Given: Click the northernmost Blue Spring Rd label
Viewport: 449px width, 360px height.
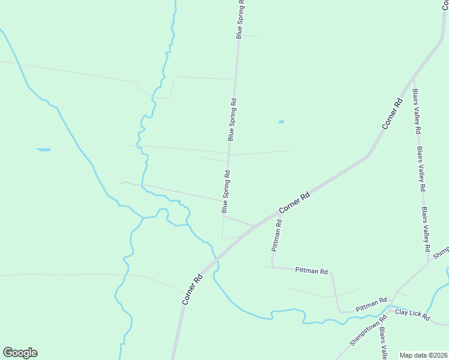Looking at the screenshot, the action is point(240,19).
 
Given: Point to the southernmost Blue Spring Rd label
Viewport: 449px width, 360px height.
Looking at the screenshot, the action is point(226,192).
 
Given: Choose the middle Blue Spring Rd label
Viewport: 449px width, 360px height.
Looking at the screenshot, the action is point(232,119).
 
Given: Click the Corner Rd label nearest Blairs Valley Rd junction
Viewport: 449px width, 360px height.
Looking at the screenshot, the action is point(391,113).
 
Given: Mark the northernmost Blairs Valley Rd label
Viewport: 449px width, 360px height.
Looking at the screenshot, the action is point(416,112).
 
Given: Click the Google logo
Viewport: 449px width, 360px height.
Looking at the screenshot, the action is point(20,353).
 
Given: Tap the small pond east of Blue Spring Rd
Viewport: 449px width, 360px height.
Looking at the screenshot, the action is point(281,122).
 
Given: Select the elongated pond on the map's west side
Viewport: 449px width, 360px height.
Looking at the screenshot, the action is point(43,149).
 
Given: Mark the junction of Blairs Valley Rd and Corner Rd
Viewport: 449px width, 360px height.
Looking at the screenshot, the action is point(414,77).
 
